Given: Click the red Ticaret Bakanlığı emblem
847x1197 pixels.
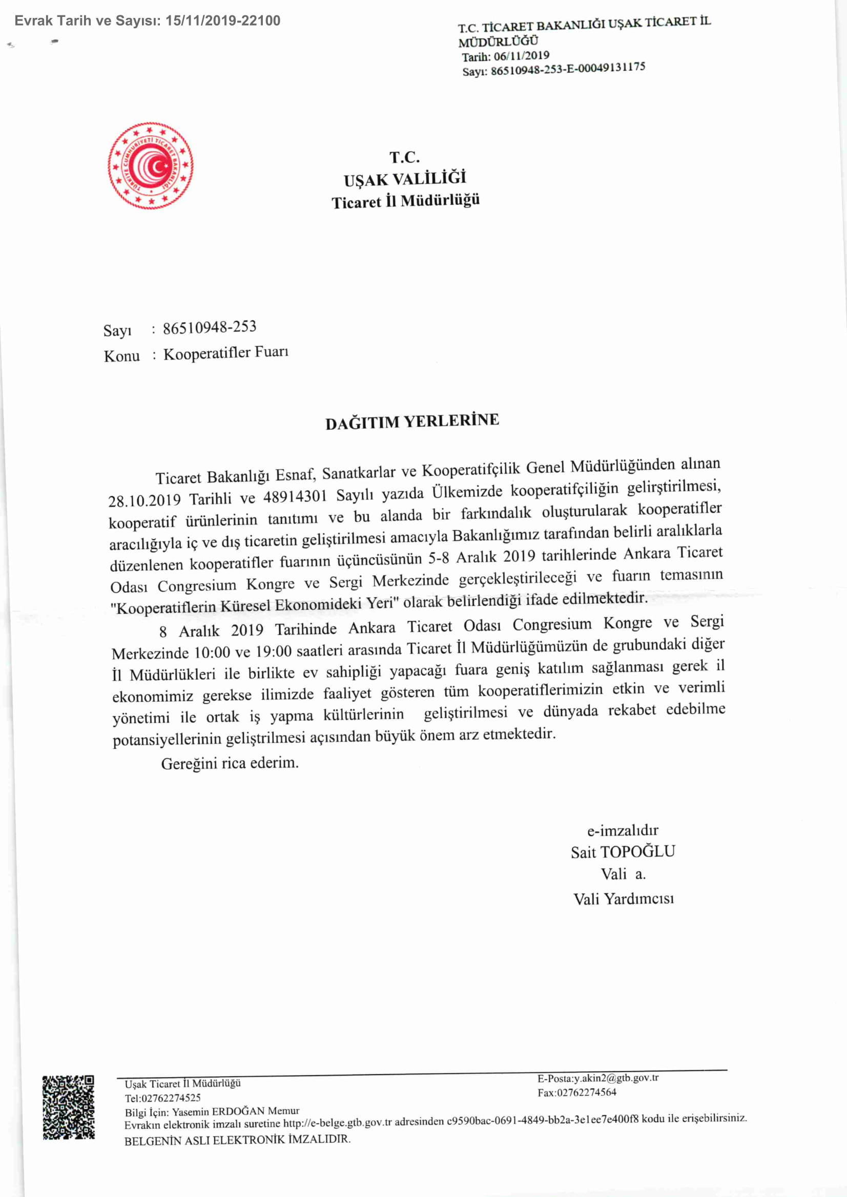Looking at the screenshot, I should [x=150, y=166].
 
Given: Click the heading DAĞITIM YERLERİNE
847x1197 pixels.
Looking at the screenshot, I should [x=412, y=421].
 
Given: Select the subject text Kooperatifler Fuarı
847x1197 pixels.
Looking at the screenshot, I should [x=226, y=353].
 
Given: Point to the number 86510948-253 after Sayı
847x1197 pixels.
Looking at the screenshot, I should [x=210, y=327].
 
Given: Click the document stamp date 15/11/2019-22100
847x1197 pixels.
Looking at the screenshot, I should [x=223, y=21].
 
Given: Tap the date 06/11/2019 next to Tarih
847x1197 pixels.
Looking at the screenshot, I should [x=521, y=56].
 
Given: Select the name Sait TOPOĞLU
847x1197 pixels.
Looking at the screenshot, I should [x=623, y=852].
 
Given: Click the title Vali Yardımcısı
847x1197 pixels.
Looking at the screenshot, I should [x=623, y=899].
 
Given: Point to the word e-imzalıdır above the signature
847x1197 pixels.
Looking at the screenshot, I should [x=623, y=830].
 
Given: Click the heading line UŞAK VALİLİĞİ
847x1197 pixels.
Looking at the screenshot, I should [x=405, y=179].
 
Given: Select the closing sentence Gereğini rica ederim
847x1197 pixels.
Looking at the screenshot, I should [x=230, y=764].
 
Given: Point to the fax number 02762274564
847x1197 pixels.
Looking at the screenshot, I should [x=587, y=1092].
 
